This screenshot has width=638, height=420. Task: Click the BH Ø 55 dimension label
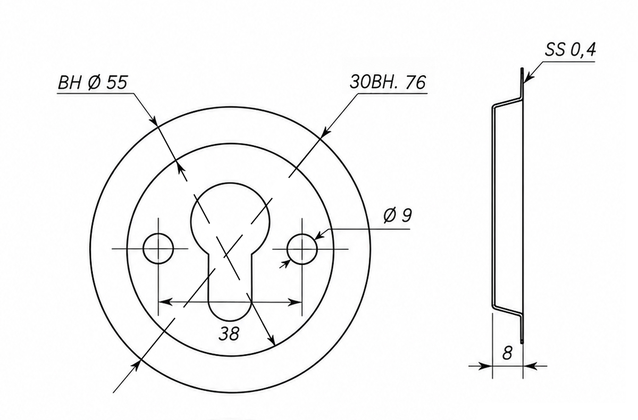tap(93, 83)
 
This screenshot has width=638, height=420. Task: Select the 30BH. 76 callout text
tap(388, 82)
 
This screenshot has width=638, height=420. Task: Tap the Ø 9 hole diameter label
tap(397, 215)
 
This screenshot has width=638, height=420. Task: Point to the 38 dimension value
tap(229, 333)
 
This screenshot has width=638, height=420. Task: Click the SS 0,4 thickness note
tap(570, 50)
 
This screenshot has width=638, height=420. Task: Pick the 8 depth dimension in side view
tap(507, 353)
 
